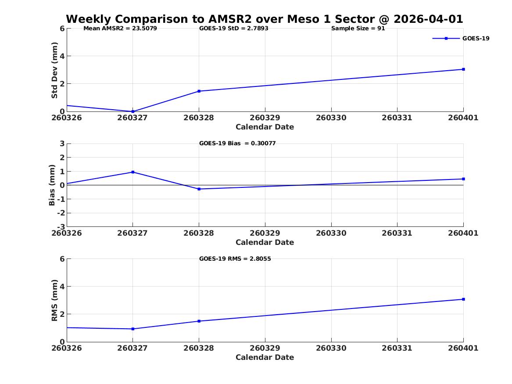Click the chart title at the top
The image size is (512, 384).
tap(265, 19)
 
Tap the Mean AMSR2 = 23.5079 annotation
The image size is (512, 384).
tap(120, 29)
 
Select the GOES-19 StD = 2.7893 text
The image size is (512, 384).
tap(234, 29)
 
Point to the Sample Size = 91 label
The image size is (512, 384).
tap(358, 29)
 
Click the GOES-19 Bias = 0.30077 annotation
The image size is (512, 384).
tap(237, 144)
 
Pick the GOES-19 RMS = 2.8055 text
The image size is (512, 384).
tap(235, 258)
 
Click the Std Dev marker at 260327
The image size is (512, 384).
tap(133, 111)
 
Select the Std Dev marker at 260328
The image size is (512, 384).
tap(199, 91)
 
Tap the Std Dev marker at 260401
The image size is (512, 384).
tap(463, 69)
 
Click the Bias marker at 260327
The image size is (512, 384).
tap(133, 172)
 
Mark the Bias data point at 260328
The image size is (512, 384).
tap(199, 189)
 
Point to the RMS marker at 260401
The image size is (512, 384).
tap(463, 299)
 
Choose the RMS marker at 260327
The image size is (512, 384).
tap(133, 329)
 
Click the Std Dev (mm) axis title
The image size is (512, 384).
tap(54, 70)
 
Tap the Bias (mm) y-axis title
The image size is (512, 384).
tap(52, 185)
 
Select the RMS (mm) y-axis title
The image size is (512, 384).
tap(54, 301)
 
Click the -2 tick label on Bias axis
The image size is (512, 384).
tap(61, 213)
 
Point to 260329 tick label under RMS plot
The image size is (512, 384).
tap(265, 348)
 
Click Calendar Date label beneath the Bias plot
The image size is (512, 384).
tap(265, 242)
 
